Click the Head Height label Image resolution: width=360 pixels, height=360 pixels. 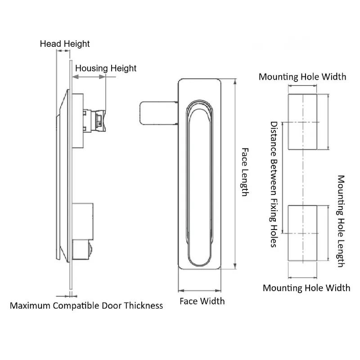65,44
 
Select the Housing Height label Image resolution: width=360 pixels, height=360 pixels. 105,68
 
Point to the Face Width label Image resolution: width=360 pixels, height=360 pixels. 202,301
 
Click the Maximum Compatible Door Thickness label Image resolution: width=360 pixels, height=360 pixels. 86,306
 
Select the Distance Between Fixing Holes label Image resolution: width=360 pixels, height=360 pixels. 273,184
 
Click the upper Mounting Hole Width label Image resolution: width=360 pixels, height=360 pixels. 302,76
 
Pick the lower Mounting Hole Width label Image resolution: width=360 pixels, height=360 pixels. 306,288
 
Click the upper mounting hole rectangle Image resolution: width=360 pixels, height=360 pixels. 303,122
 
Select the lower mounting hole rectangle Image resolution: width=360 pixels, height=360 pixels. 302,233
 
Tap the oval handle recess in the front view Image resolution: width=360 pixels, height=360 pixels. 199,184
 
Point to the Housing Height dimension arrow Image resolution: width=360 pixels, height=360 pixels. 89,77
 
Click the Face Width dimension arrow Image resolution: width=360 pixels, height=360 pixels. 200,290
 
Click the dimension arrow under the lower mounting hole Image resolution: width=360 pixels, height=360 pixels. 302,277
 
